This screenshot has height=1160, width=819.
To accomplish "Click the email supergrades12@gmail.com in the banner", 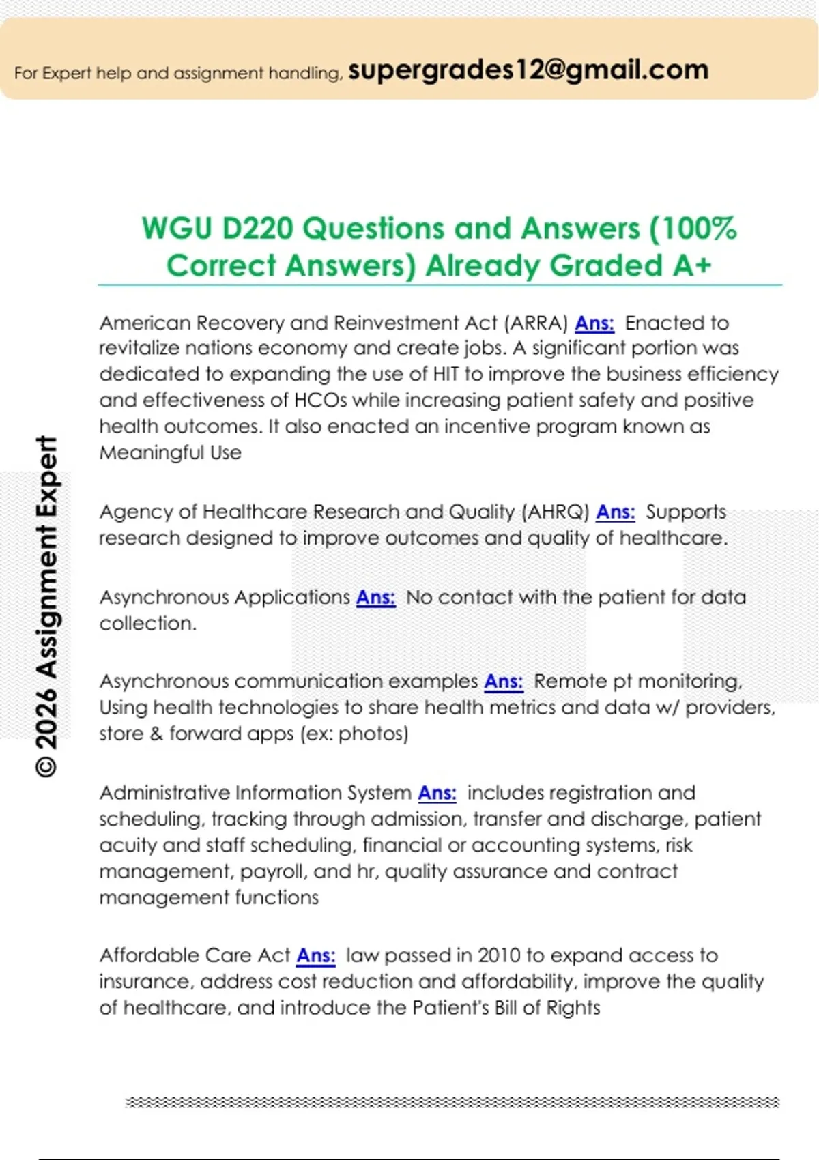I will coord(528,70).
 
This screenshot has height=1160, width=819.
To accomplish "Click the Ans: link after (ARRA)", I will coord(594,323).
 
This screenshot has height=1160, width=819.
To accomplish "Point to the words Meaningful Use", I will coord(171,452).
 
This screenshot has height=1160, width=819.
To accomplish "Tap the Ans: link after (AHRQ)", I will coord(616,512).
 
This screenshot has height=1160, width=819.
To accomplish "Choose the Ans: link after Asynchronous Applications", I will coord(375,597).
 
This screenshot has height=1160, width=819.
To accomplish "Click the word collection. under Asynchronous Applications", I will coord(147,623).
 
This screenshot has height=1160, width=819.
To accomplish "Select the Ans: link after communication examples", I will coord(504,681).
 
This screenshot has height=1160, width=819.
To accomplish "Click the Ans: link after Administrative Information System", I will coord(437,793).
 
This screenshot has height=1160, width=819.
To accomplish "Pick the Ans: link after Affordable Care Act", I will coord(316,955).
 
